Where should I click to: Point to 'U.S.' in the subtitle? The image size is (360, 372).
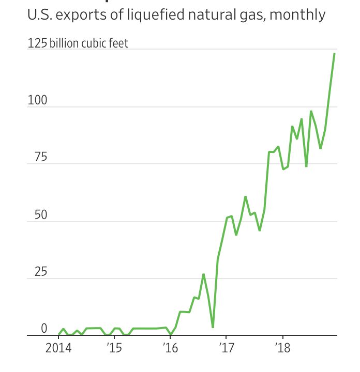pyautogui.click(x=39, y=16)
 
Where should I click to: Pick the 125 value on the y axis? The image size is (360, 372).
pyautogui.click(x=37, y=43)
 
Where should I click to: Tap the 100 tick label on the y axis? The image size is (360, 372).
pyautogui.click(x=37, y=100)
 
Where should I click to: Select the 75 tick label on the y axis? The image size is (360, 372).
pyautogui.click(x=40, y=158)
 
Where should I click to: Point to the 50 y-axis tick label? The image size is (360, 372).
pyautogui.click(x=40, y=215)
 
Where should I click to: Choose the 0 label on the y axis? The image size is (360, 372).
pyautogui.click(x=44, y=329)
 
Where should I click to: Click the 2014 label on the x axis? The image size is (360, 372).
pyautogui.click(x=58, y=347)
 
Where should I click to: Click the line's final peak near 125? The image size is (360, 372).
pyautogui.click(x=335, y=54)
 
